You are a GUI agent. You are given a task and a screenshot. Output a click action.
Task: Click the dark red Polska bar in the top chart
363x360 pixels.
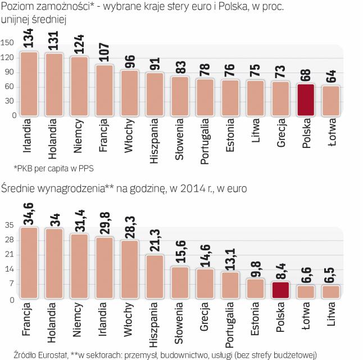tap(305, 100)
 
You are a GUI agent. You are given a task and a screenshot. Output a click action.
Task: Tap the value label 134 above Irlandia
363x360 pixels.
tap(29, 39)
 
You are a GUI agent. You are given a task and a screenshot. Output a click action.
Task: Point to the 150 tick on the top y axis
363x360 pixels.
tap(8, 43)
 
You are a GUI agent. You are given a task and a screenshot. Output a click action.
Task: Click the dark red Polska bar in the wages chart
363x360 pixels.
tap(280, 291)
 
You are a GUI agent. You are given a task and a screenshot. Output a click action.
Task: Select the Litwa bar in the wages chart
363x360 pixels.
tap(330, 292)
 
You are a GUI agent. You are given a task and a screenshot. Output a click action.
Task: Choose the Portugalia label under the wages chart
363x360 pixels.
tap(230, 325)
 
